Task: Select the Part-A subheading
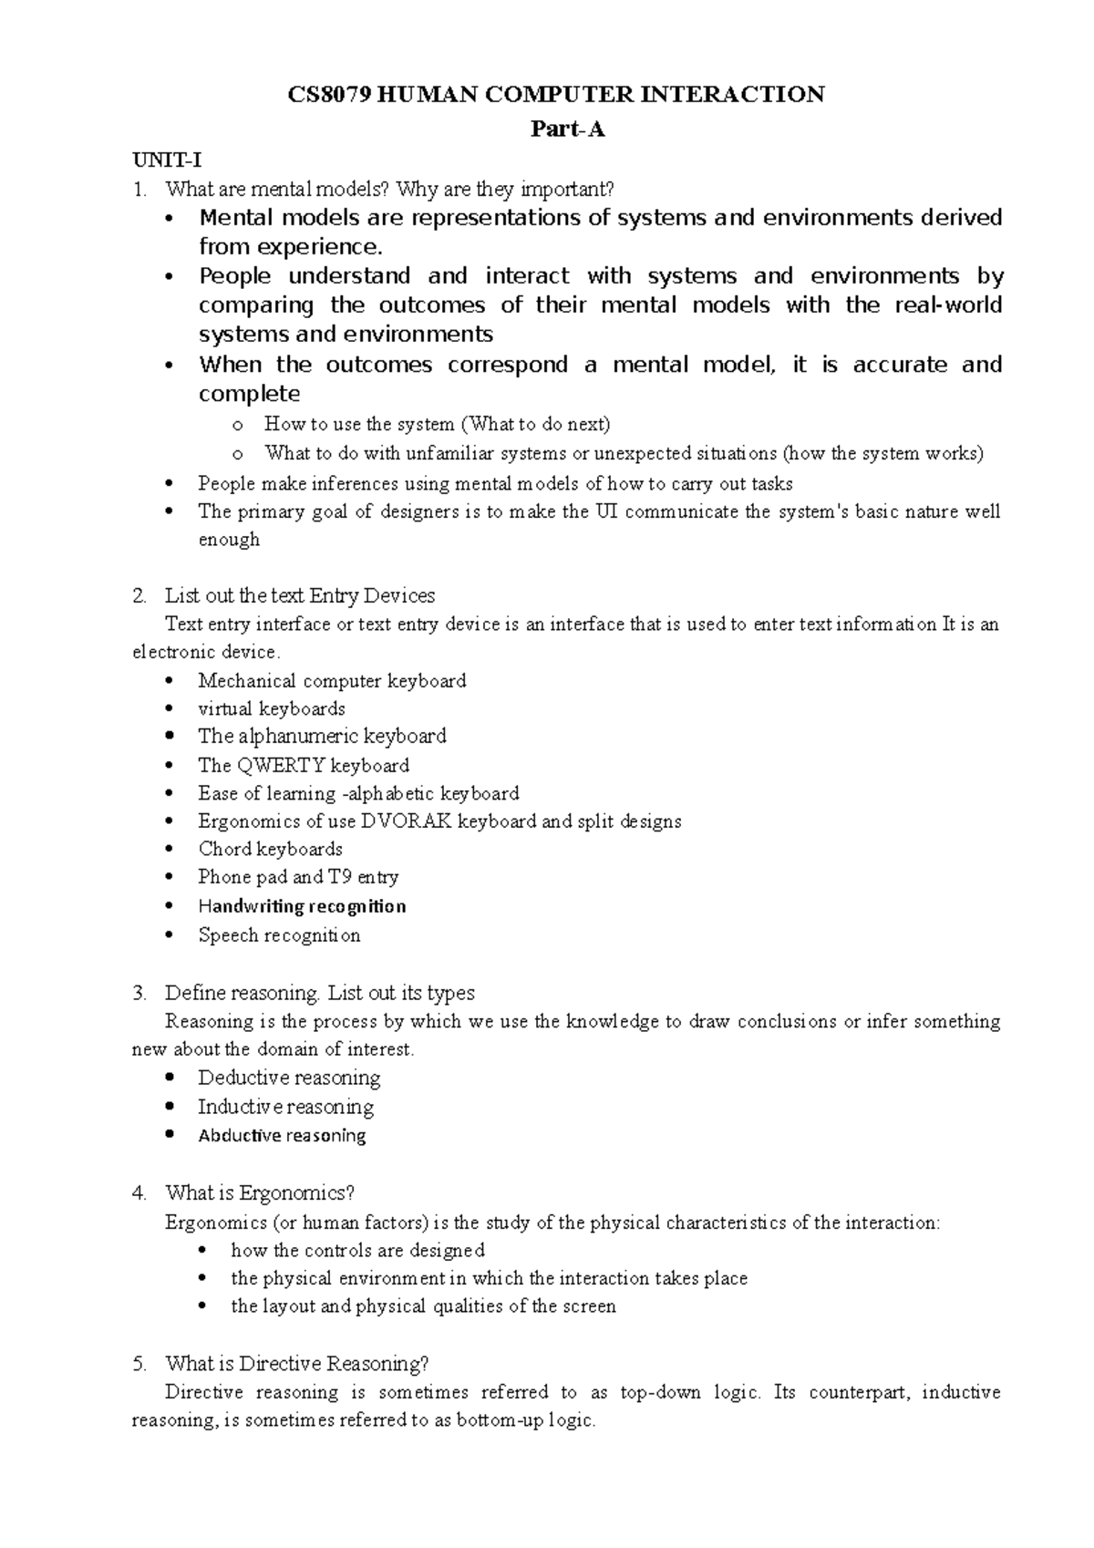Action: (x=568, y=129)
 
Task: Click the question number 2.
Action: (x=139, y=596)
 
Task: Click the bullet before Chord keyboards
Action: (x=170, y=850)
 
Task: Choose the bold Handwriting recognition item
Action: (x=302, y=906)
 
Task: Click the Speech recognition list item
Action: (x=279, y=935)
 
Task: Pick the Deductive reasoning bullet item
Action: (x=289, y=1078)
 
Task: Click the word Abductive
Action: (x=239, y=1136)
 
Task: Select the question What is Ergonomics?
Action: (x=259, y=1193)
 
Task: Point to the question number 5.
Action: (x=139, y=1365)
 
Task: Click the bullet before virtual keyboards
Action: (x=170, y=709)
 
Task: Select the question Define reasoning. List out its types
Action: (x=319, y=993)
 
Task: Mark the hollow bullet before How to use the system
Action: (x=238, y=425)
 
